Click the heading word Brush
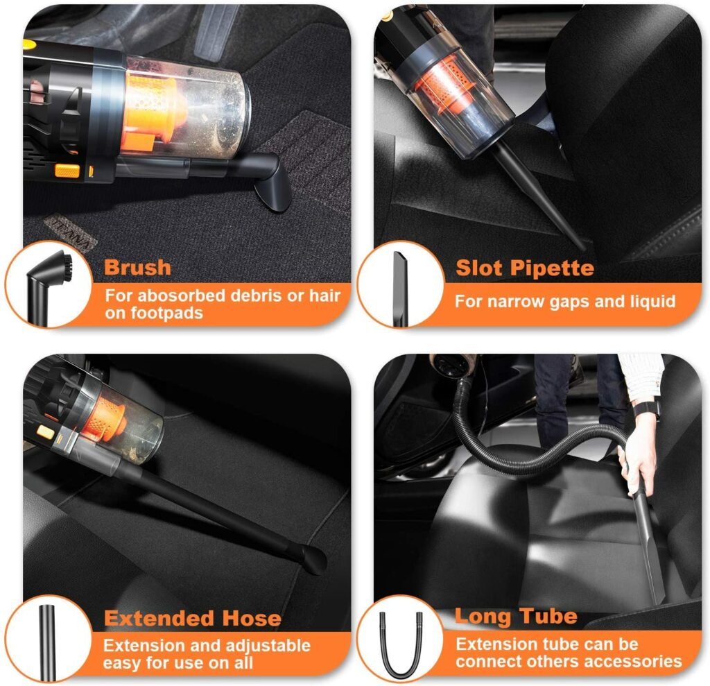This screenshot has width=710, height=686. coord(137,267)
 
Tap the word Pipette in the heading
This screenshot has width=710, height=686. coord(557,268)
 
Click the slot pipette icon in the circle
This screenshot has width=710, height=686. coord(399,288)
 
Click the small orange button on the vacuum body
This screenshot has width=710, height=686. coord(67,170)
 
